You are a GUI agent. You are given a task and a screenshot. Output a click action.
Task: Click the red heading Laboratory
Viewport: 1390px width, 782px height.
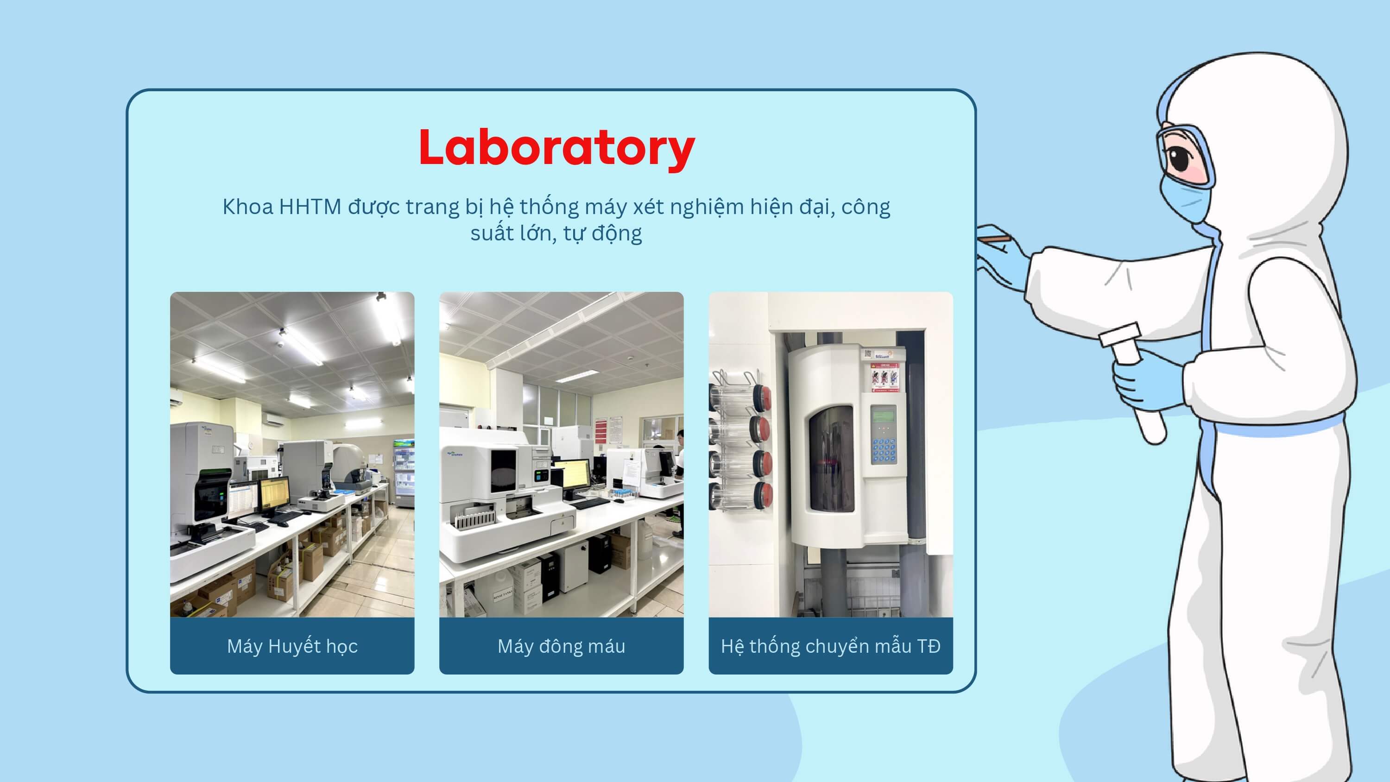[x=556, y=147]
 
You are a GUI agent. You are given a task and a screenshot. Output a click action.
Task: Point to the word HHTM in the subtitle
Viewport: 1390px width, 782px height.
[x=310, y=207]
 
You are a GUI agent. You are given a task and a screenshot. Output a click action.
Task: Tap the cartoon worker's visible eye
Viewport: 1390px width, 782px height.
[x=1180, y=158]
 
